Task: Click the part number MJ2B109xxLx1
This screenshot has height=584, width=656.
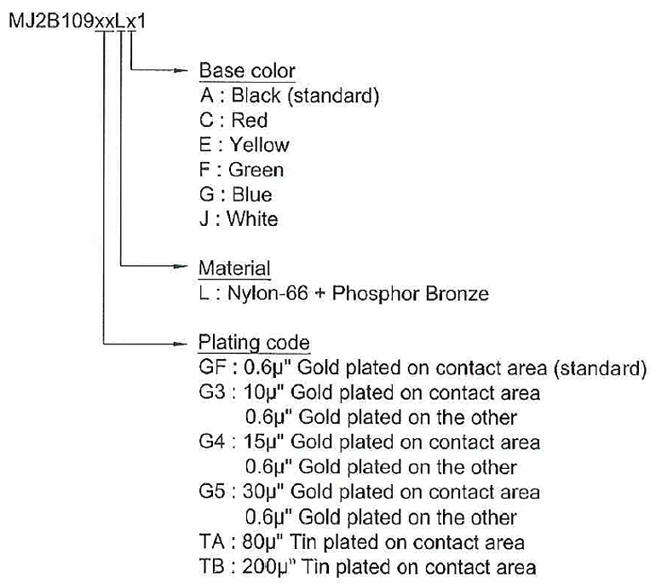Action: (x=78, y=21)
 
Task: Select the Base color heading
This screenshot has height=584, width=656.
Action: (x=247, y=70)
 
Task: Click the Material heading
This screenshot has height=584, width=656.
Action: (x=234, y=268)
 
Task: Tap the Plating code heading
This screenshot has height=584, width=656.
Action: (x=254, y=343)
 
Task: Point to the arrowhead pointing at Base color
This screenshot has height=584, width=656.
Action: (x=181, y=70)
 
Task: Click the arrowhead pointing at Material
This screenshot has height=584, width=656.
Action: (x=181, y=265)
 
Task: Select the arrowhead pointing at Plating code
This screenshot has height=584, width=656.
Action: (x=181, y=344)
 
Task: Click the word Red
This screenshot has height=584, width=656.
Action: (x=250, y=120)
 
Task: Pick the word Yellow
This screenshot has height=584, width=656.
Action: (x=259, y=145)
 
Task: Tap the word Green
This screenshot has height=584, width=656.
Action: (x=256, y=170)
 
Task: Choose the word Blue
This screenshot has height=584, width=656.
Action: (x=252, y=194)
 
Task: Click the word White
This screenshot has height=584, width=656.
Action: (x=252, y=219)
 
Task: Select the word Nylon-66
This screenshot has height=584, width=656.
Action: (x=268, y=293)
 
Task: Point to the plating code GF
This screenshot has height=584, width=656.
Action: (x=212, y=367)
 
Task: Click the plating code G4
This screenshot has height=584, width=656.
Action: (x=212, y=442)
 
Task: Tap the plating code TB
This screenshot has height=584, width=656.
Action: (x=211, y=566)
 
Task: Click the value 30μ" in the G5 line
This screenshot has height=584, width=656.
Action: (x=263, y=491)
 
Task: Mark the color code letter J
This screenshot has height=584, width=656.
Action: (x=204, y=219)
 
